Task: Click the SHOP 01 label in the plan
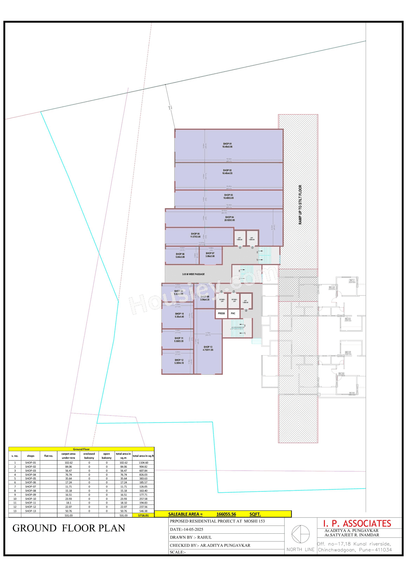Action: tap(227, 145)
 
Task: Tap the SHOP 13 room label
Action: tap(208, 348)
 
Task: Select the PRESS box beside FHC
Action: tap(221, 313)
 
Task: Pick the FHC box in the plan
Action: tap(233, 313)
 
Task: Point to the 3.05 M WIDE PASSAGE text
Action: tap(193, 274)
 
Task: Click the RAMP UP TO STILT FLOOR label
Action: tap(300, 205)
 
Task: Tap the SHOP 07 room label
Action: tap(210, 255)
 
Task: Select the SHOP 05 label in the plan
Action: tap(195, 235)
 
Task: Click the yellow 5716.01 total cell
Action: tap(143, 515)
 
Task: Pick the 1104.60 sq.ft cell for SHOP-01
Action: tap(143, 463)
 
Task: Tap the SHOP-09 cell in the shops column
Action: tap(31, 495)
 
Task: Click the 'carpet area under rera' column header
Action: tap(68, 456)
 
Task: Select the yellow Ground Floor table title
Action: tap(81, 449)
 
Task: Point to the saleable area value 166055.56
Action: tap(226, 514)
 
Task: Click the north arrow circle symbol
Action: tap(300, 534)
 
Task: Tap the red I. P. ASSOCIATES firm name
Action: tap(357, 524)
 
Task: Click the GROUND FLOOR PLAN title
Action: tap(69, 528)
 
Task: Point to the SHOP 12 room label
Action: tap(179, 361)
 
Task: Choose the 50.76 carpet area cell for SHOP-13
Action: tap(68, 511)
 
